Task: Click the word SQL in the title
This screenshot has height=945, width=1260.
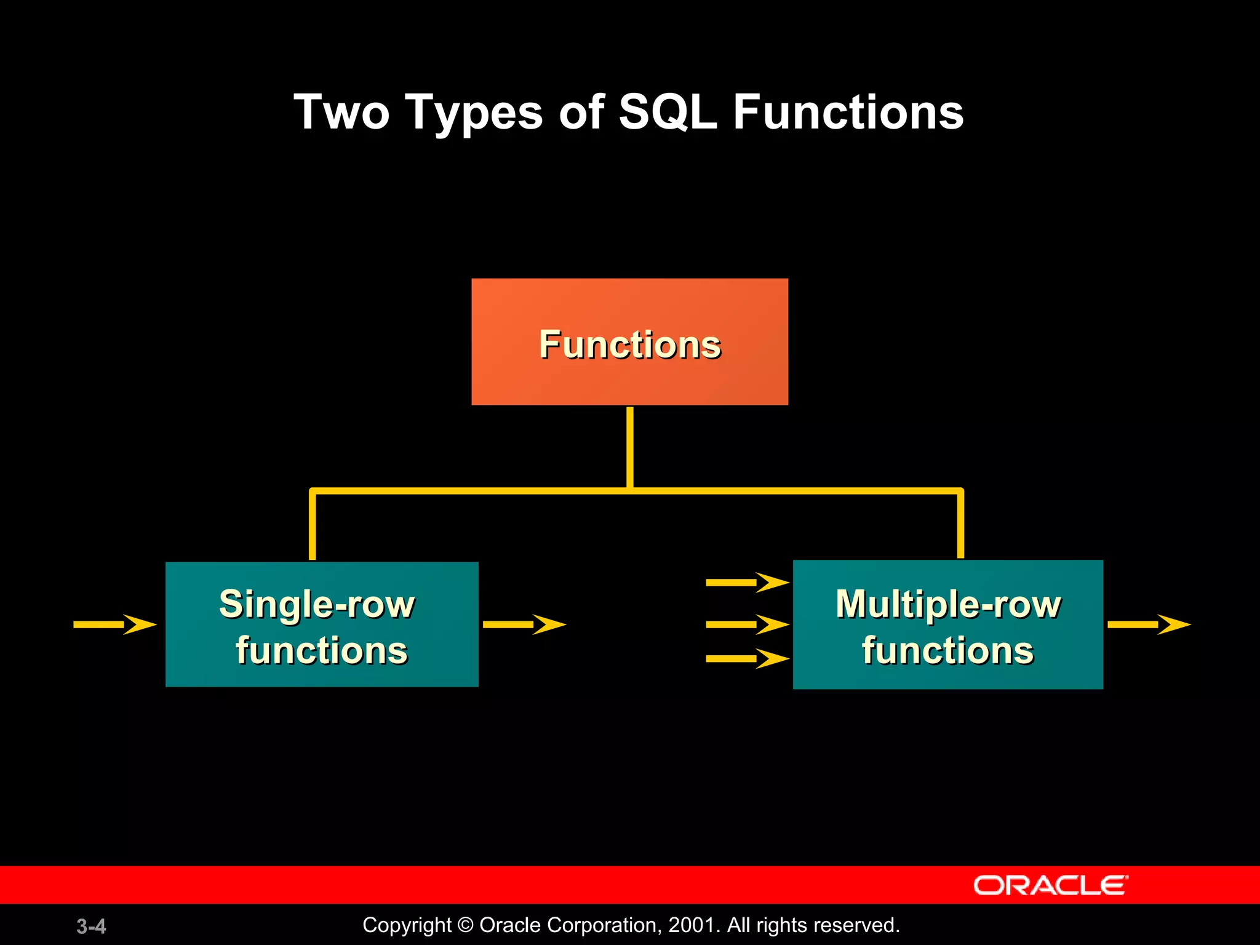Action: pyautogui.click(x=668, y=113)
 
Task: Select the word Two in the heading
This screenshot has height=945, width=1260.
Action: pyautogui.click(x=342, y=113)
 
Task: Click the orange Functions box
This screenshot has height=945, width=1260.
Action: pyautogui.click(x=629, y=342)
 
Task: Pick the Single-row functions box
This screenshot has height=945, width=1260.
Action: pyautogui.click(x=322, y=624)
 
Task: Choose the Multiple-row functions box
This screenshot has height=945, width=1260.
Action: pyautogui.click(x=947, y=624)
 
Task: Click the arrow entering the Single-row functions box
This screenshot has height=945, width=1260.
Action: pyautogui.click(x=115, y=624)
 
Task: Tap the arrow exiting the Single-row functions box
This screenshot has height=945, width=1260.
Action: pyautogui.click(x=524, y=624)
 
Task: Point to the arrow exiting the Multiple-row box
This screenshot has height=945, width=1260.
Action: pyautogui.click(x=1149, y=624)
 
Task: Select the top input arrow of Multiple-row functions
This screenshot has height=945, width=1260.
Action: pyautogui.click(x=747, y=582)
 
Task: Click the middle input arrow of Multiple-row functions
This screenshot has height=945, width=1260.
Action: pyautogui.click(x=747, y=624)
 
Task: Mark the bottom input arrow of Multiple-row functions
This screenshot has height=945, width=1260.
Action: pyautogui.click(x=747, y=658)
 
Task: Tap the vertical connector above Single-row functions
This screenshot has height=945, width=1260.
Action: pyautogui.click(x=313, y=526)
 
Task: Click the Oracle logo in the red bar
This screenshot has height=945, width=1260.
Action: pyautogui.click(x=1050, y=885)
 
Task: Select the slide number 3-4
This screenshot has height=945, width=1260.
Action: pyautogui.click(x=91, y=926)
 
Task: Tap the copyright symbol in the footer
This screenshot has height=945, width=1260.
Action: pyautogui.click(x=466, y=925)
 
